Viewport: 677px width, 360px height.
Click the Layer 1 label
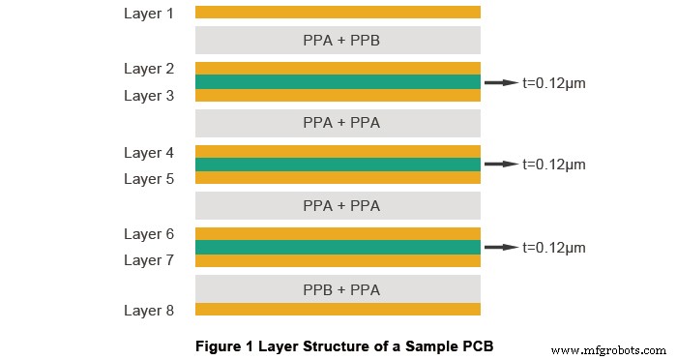(149, 14)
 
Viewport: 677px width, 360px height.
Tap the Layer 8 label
(149, 310)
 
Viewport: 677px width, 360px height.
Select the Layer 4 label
(149, 153)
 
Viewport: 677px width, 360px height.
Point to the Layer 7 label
(149, 260)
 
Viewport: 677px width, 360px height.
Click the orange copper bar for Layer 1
(338, 13)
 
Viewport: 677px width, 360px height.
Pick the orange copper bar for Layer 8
(338, 309)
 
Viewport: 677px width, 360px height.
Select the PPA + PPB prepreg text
(338, 41)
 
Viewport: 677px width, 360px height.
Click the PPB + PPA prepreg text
(338, 289)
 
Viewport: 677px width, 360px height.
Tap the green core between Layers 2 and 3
(338, 82)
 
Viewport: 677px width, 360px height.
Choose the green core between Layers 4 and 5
(338, 165)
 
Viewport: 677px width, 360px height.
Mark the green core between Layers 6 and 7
(338, 247)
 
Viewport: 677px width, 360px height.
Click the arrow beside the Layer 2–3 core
(500, 83)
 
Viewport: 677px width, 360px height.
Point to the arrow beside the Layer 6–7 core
(500, 248)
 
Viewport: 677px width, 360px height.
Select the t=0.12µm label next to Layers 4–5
(553, 165)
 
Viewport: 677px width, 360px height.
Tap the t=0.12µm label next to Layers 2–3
(553, 83)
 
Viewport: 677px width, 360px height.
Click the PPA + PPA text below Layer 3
(338, 123)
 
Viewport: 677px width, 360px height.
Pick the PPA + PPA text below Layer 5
(338, 205)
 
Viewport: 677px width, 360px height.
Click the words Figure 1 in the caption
(223, 345)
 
